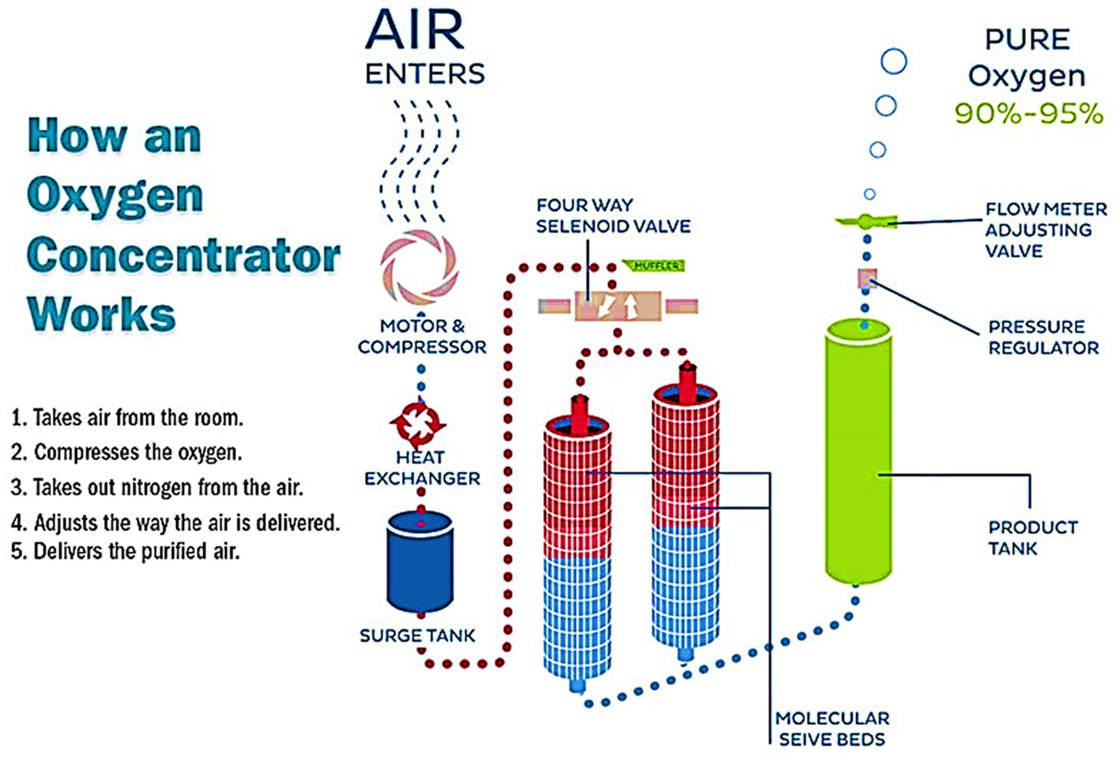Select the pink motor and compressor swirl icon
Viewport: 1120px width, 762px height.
click(x=419, y=268)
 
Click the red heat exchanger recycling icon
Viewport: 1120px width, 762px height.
click(x=418, y=423)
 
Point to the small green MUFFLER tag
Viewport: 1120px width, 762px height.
click(x=655, y=266)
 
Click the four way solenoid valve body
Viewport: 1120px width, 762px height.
click(x=618, y=306)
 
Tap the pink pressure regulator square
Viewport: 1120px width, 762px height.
click(x=867, y=278)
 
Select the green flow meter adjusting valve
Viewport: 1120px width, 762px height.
click(x=866, y=221)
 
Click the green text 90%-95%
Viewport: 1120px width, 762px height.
click(x=1028, y=113)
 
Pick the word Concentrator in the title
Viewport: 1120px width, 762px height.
click(x=183, y=255)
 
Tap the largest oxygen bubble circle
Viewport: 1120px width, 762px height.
click(x=893, y=61)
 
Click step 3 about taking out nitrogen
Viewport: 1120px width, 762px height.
click(x=156, y=487)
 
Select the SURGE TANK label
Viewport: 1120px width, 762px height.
click(x=417, y=636)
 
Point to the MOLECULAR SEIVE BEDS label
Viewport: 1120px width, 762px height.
click(x=832, y=728)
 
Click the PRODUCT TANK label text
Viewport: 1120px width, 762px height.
click(x=1032, y=538)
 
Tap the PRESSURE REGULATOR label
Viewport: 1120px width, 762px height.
click(x=1043, y=337)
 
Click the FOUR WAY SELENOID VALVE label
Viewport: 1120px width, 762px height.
click(x=613, y=216)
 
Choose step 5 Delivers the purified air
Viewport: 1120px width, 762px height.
click(x=125, y=550)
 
